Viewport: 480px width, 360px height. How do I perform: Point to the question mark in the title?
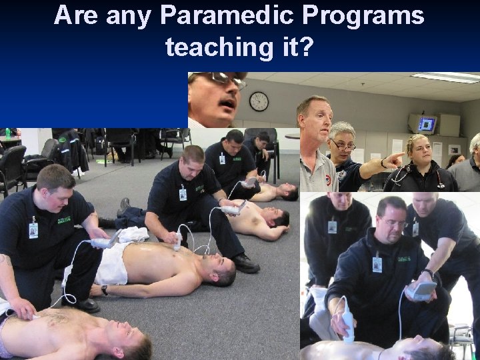click(306, 47)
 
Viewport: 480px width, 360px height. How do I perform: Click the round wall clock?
click(259, 101)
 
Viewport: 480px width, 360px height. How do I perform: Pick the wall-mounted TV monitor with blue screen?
click(427, 124)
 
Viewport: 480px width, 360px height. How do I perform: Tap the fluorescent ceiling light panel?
click(445, 77)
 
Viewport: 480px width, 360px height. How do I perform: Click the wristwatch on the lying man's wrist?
click(104, 290)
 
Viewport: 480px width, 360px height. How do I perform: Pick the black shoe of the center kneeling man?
click(245, 264)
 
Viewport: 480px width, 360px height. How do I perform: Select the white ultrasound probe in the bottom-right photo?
click(347, 321)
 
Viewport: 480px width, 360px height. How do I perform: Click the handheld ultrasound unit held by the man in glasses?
click(421, 289)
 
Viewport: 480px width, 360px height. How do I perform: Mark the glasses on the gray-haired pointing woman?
click(343, 145)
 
